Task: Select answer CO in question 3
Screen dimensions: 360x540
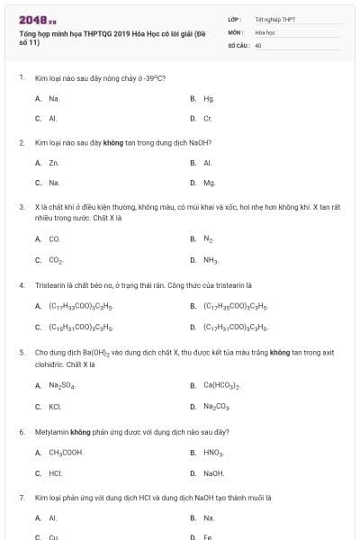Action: click(x=54, y=239)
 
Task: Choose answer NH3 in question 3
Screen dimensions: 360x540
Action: click(x=211, y=260)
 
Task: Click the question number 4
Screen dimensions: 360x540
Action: click(x=21, y=284)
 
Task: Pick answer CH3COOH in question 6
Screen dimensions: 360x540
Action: click(x=66, y=452)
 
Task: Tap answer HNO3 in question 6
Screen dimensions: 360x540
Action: click(x=212, y=452)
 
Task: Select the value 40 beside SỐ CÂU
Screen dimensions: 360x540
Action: click(x=258, y=44)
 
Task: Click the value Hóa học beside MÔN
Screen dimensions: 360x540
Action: click(x=265, y=31)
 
